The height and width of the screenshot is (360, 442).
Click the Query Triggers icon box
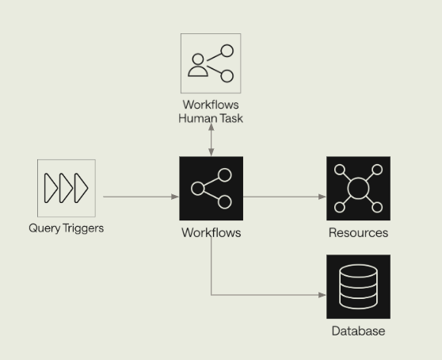pyautogui.click(x=67, y=188)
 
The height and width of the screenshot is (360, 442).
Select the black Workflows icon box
pyautogui.click(x=211, y=188)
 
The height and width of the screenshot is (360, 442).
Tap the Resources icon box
pyautogui.click(x=358, y=188)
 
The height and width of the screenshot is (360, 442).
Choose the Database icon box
pyautogui.click(x=358, y=286)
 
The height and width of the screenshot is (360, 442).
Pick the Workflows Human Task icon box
pyautogui.click(x=211, y=63)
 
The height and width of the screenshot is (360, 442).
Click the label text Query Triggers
pyautogui.click(x=67, y=228)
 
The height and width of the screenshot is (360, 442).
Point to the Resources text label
pyautogui.click(x=358, y=233)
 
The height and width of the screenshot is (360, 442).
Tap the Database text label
pyautogui.click(x=358, y=331)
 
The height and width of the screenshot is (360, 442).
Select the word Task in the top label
pyautogui.click(x=231, y=118)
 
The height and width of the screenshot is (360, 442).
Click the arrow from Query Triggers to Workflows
pyautogui.click(x=141, y=197)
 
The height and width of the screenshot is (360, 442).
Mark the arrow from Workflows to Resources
pyautogui.click(x=284, y=197)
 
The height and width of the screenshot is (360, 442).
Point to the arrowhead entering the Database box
pyautogui.click(x=322, y=295)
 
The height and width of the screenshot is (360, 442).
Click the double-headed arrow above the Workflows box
pyautogui.click(x=211, y=140)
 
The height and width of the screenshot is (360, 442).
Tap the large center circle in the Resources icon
pyautogui.click(x=358, y=188)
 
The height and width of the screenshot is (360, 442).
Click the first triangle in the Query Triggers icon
pyautogui.click(x=51, y=188)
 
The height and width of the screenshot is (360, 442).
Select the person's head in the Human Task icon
pyautogui.click(x=198, y=59)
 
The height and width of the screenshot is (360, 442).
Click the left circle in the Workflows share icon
pyautogui.click(x=197, y=189)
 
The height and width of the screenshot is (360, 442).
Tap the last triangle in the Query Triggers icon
pyautogui.click(x=81, y=188)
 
